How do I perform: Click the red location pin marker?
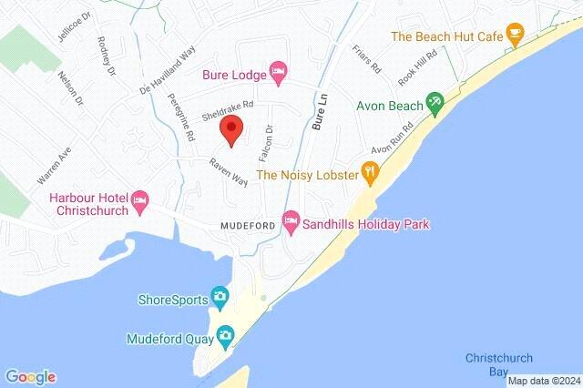[x=231, y=130]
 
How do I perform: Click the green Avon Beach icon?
[x=435, y=105]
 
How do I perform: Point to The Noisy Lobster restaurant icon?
[x=370, y=172]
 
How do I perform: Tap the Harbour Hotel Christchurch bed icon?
[x=140, y=200]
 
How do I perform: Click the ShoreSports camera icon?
[x=220, y=297]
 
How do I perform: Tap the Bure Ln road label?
[x=317, y=114]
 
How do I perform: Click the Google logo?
[x=30, y=376]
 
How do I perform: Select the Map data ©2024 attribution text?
[x=543, y=381]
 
